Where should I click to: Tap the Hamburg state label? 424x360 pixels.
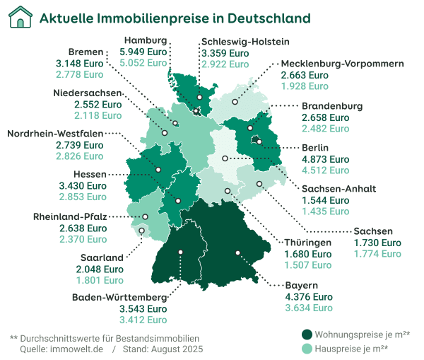[145, 41]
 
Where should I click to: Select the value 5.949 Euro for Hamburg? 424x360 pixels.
[143, 52]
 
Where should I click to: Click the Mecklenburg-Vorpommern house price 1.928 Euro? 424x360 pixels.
[305, 86]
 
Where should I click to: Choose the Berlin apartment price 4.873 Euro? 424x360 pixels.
[325, 159]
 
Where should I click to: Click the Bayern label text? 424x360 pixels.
[300, 285]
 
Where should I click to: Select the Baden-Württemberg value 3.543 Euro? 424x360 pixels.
[143, 309]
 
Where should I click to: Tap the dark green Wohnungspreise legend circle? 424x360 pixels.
[307, 334]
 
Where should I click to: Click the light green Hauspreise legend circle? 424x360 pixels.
[307, 348]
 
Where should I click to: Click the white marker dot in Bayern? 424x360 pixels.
[238, 252]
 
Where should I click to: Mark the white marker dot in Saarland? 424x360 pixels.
[141, 230]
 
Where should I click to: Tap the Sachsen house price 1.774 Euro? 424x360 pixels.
[377, 254]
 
